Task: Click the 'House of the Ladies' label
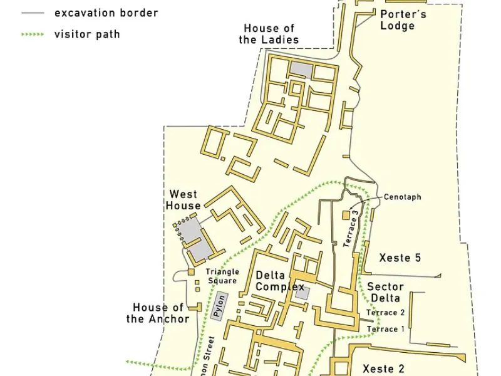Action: tap(269, 34)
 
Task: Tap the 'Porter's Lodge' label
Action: tap(397, 19)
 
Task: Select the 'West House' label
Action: tap(184, 199)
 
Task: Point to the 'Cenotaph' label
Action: tap(402, 197)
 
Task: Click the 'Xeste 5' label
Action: tap(400, 258)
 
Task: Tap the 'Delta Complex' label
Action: tap(279, 281)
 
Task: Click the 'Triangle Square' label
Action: tap(222, 276)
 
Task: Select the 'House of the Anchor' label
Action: tap(158, 313)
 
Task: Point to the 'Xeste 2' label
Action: tap(384, 369)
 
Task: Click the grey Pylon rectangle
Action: tap(219, 307)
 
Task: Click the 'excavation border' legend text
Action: tap(106, 13)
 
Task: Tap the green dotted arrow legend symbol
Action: tap(33, 34)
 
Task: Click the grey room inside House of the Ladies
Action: tap(300, 68)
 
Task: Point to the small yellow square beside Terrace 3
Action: tap(345, 216)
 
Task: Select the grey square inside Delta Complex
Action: tap(302, 293)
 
